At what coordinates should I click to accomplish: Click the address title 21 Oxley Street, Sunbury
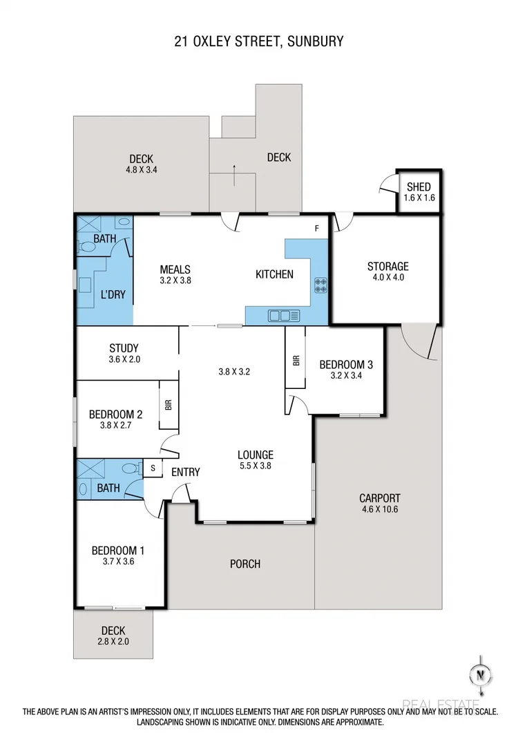click(259, 41)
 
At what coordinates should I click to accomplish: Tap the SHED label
click(419, 187)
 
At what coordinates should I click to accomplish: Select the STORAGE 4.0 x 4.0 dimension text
click(387, 278)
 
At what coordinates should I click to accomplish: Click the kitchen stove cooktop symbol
click(321, 282)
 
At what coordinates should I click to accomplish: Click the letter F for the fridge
click(317, 229)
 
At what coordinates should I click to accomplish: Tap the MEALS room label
click(175, 269)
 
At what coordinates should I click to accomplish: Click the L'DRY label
click(113, 294)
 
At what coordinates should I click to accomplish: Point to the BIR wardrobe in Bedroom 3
click(296, 361)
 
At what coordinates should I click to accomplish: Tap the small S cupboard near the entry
click(152, 468)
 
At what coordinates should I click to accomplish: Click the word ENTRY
click(185, 473)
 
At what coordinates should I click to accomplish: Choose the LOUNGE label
click(256, 455)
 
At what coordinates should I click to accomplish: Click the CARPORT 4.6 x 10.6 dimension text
click(379, 509)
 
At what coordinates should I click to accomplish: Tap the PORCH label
click(245, 564)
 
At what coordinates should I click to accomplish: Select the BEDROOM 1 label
click(118, 551)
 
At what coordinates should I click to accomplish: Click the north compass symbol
click(477, 674)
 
